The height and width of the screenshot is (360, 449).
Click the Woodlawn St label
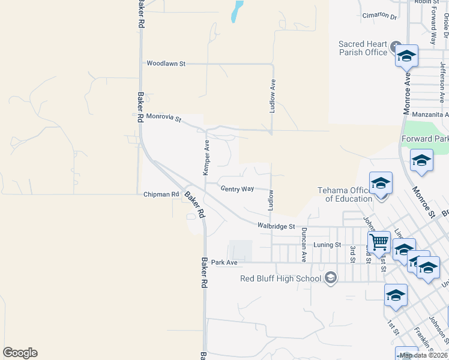[x=166, y=63]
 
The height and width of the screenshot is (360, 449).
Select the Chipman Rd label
[x=161, y=194]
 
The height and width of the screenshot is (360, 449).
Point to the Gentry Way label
[x=237, y=189]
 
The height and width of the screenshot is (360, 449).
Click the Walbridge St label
[x=276, y=226]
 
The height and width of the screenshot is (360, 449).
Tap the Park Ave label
[x=224, y=263]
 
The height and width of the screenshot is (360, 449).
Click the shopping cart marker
[x=379, y=242]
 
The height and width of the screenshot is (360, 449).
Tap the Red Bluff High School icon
[x=330, y=278]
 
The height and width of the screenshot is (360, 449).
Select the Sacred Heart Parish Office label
[x=363, y=48]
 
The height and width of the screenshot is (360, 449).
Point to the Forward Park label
[x=425, y=139]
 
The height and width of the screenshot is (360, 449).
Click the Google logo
[x=20, y=353]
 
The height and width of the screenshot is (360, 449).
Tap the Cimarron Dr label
[x=379, y=17]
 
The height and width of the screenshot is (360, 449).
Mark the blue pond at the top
[x=237, y=11]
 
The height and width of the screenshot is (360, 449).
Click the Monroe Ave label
[x=406, y=94]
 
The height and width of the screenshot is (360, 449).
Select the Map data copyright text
[x=423, y=355]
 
